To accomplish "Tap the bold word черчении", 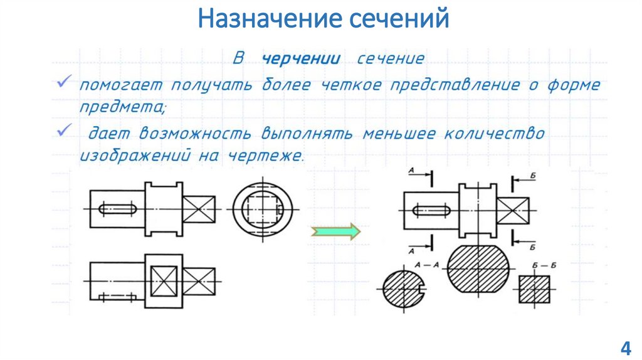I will (301, 60).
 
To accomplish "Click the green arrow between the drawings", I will (335, 231).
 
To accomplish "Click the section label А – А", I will (426, 267).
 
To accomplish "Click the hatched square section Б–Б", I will (535, 289).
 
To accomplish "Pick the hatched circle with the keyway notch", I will (401, 290).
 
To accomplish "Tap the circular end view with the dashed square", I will (263, 206).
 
